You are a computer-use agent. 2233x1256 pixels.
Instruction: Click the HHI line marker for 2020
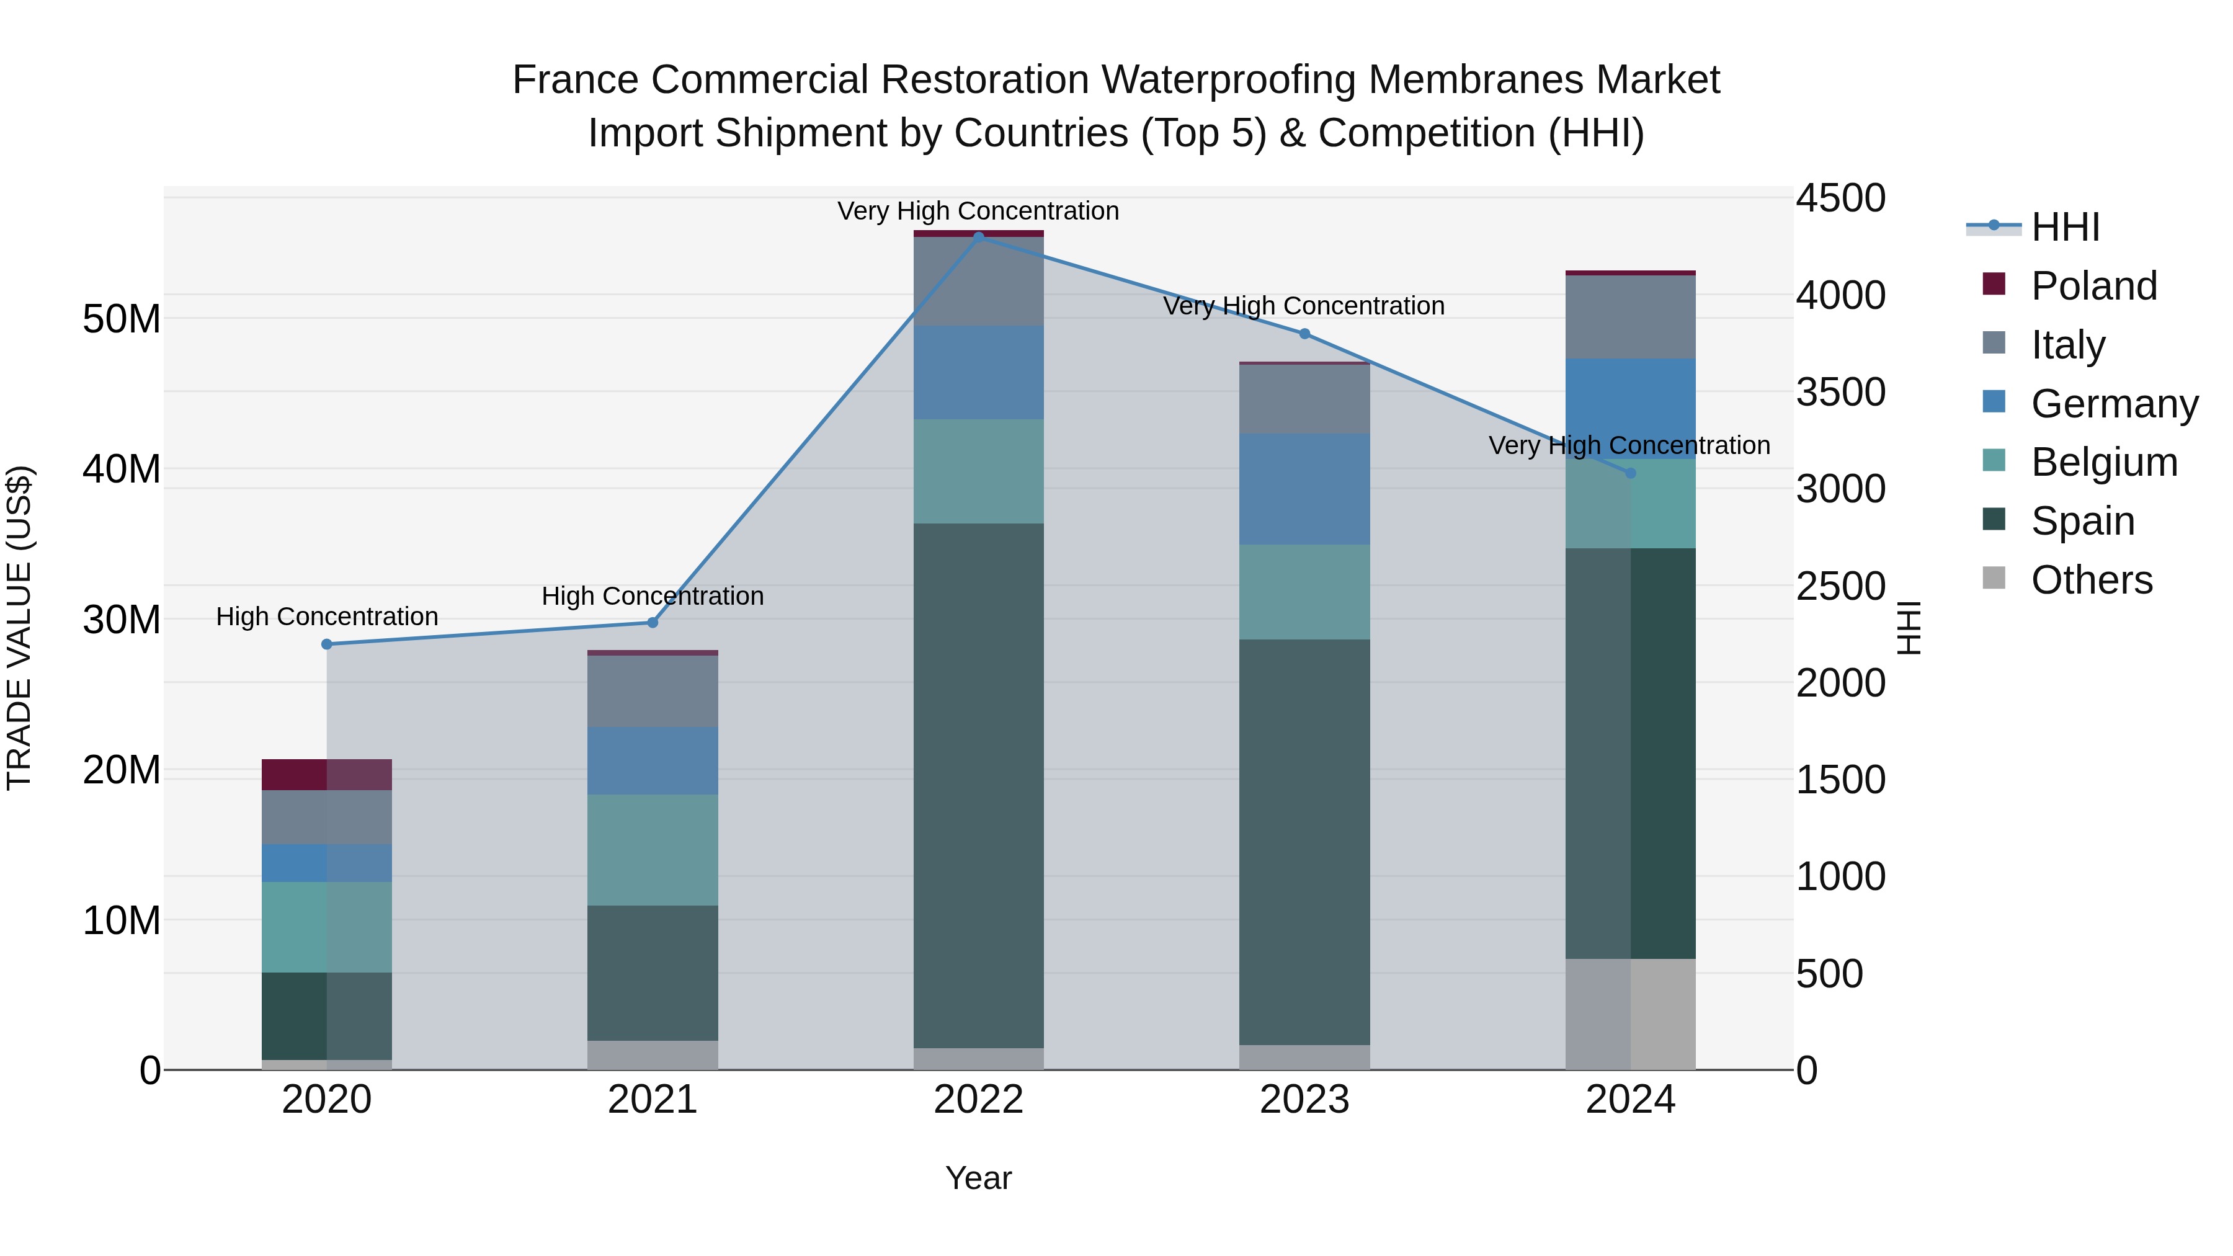pos(327,644)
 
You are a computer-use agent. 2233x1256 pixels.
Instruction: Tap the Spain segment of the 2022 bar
pos(979,785)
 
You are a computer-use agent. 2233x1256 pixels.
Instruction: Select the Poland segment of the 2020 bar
pos(327,774)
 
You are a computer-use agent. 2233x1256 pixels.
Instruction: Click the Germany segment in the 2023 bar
pos(1304,489)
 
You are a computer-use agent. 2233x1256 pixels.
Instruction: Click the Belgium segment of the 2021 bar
pos(653,850)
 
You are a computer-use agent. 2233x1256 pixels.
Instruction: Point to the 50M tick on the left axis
pos(122,319)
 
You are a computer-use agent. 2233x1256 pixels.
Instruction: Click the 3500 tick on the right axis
pos(1840,392)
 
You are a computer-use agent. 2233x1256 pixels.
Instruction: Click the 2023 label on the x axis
pos(1304,1100)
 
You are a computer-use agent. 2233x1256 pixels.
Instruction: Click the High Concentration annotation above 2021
pos(653,596)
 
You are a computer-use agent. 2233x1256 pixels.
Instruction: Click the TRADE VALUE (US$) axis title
pos(19,628)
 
